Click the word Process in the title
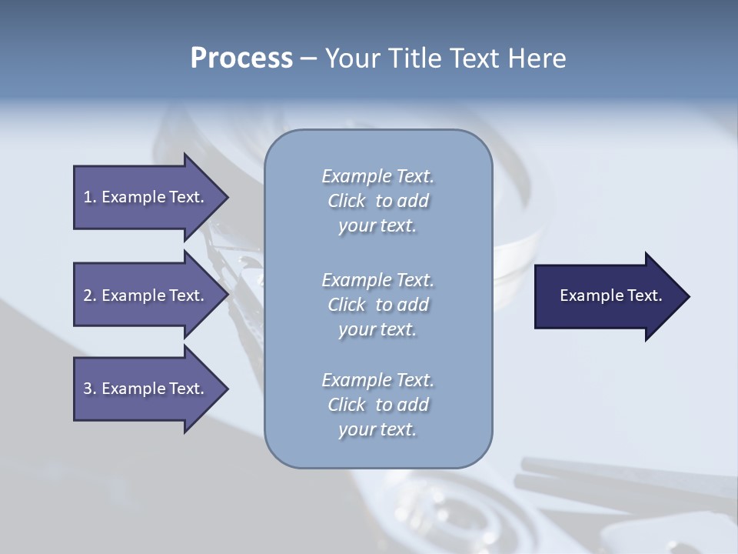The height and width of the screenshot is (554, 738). click(x=241, y=58)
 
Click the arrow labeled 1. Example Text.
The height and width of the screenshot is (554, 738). click(x=146, y=197)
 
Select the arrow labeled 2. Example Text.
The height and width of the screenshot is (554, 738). click(x=146, y=295)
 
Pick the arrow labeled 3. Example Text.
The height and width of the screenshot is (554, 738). click(x=146, y=389)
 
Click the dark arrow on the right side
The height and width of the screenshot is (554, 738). click(x=607, y=296)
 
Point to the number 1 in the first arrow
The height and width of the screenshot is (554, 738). click(x=88, y=197)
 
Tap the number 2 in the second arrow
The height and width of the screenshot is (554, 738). click(x=88, y=295)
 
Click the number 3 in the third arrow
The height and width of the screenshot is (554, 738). click(x=88, y=389)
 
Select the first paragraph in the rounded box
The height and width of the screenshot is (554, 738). click(x=377, y=201)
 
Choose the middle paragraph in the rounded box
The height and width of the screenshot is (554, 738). click(x=377, y=305)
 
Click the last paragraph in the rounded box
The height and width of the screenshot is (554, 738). click(x=377, y=405)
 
